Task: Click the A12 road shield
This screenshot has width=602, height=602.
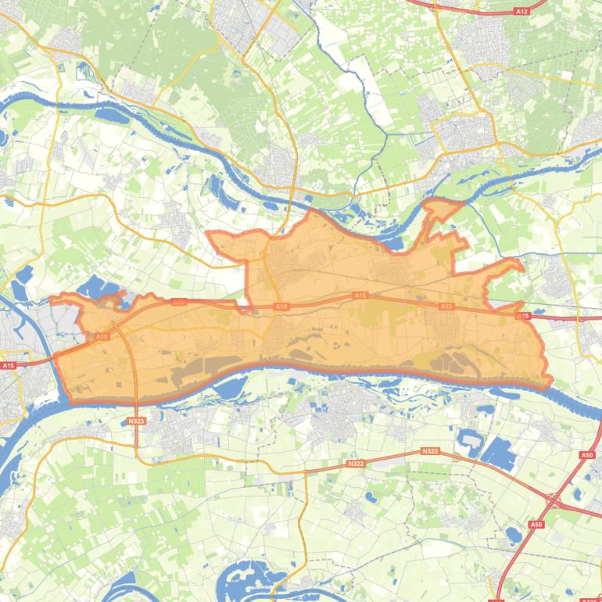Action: pyautogui.click(x=521, y=12)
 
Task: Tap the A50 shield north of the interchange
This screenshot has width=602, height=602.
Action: pyautogui.click(x=587, y=455)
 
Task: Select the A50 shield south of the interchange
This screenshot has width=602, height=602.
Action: pyautogui.click(x=536, y=525)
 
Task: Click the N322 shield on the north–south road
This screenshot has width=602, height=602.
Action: pyautogui.click(x=136, y=421)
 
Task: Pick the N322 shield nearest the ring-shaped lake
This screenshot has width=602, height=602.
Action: pyautogui.click(x=429, y=451)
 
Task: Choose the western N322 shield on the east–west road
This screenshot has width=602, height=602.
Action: pyautogui.click(x=356, y=464)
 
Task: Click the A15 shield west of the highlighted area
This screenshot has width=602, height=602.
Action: pyautogui.click(x=8, y=365)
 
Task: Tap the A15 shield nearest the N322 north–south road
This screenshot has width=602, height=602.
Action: pyautogui.click(x=102, y=336)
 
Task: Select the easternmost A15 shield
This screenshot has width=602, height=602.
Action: pyautogui.click(x=523, y=316)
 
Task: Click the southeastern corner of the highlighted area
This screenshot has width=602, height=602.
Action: pyautogui.click(x=549, y=383)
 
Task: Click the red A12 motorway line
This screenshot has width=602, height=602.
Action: pyautogui.click(x=469, y=10)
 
